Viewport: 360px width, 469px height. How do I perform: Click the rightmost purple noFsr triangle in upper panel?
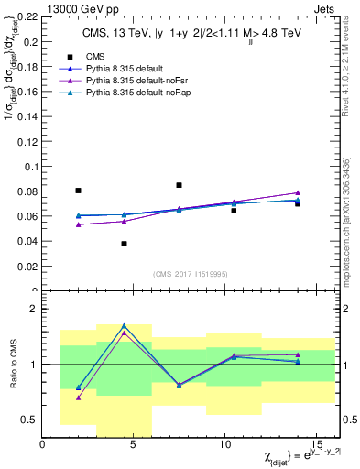click(298, 193)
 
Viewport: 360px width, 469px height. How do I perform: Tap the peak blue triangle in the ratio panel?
click(124, 326)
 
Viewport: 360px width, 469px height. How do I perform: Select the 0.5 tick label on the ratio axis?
click(29, 420)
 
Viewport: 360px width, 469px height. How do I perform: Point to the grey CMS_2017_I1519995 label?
click(191, 274)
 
